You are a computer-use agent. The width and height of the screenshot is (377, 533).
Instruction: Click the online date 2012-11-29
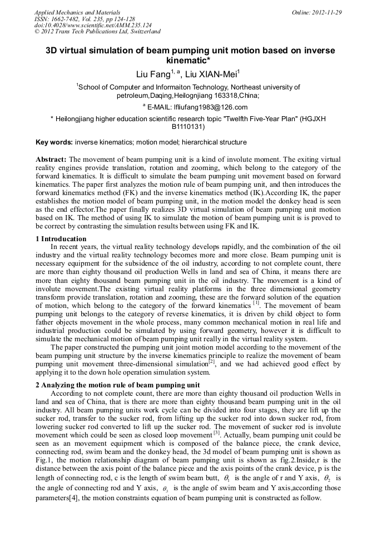[328, 12]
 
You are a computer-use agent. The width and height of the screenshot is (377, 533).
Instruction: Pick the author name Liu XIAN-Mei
[211, 74]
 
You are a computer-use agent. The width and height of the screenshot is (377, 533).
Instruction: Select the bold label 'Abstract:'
[51, 159]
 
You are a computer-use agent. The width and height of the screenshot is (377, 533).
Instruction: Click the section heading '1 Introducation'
[61, 238]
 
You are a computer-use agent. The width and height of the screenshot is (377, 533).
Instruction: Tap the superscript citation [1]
[256, 303]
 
